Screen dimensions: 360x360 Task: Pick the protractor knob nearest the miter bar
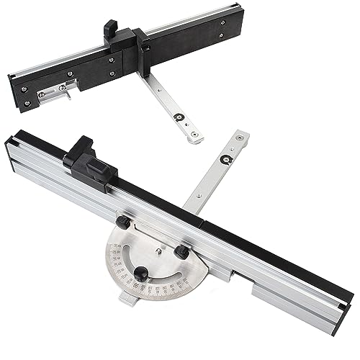click(x=182, y=253)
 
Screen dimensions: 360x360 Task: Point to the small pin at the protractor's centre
click(x=157, y=251)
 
